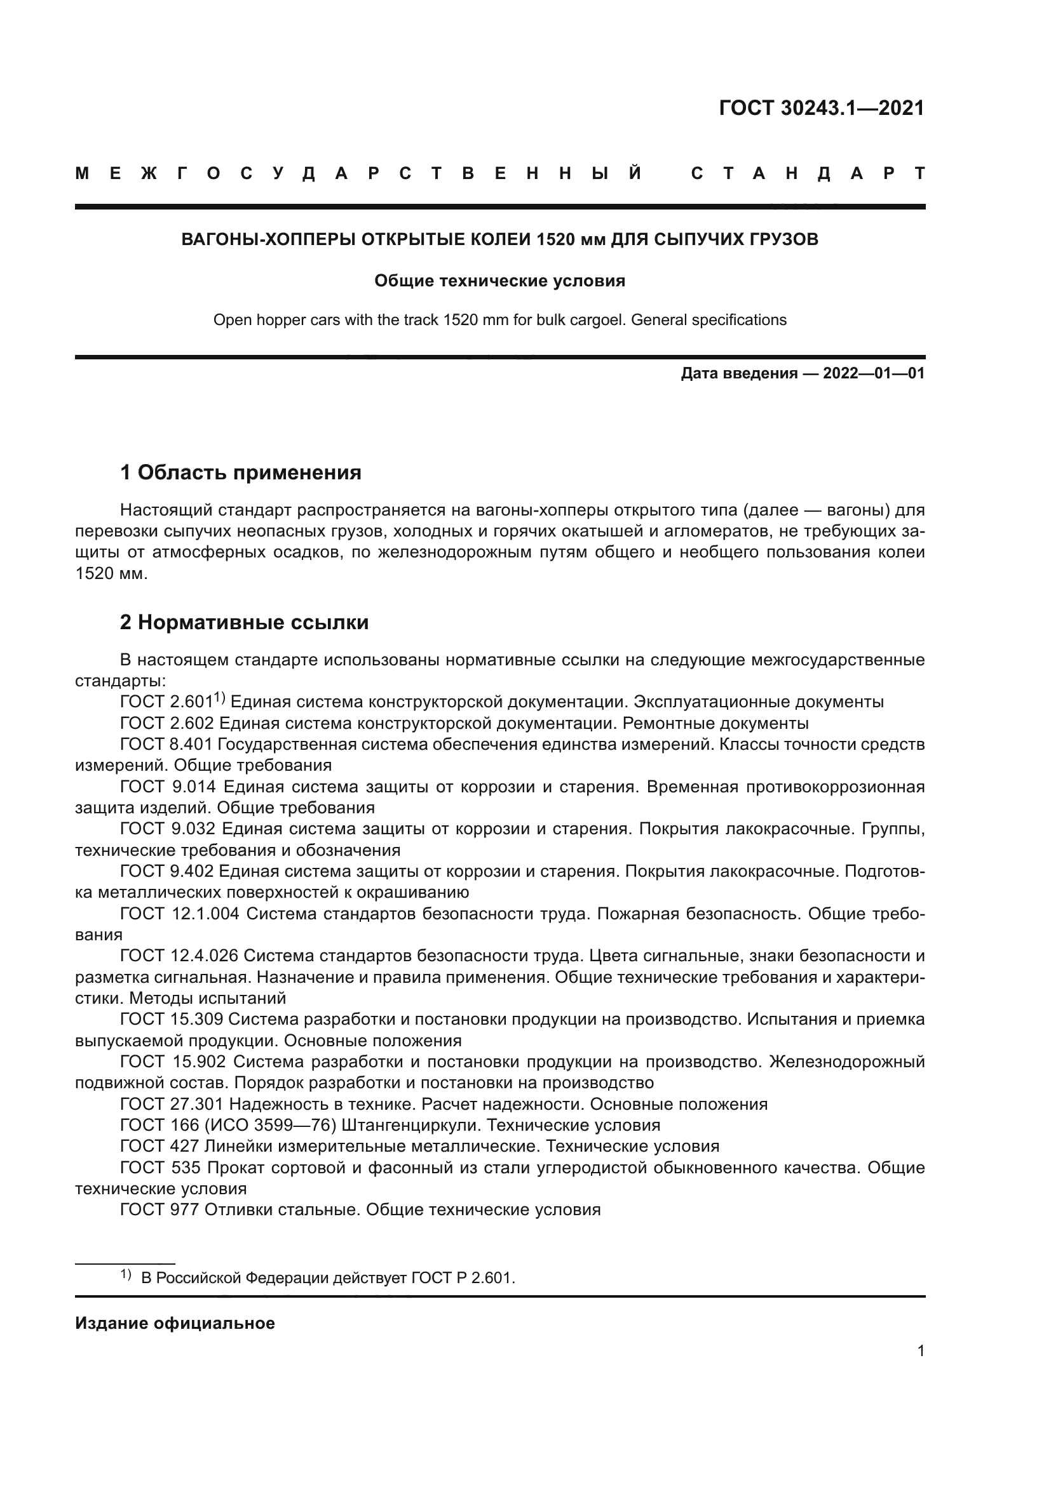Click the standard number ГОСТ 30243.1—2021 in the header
(x=821, y=108)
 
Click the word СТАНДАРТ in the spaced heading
(x=808, y=173)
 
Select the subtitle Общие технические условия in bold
(x=499, y=281)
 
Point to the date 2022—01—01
(x=874, y=373)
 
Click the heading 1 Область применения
(x=241, y=472)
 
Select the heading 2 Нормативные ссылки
(x=245, y=622)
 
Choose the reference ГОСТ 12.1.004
(x=180, y=914)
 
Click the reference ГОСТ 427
(x=160, y=1146)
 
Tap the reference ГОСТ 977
(x=160, y=1209)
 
